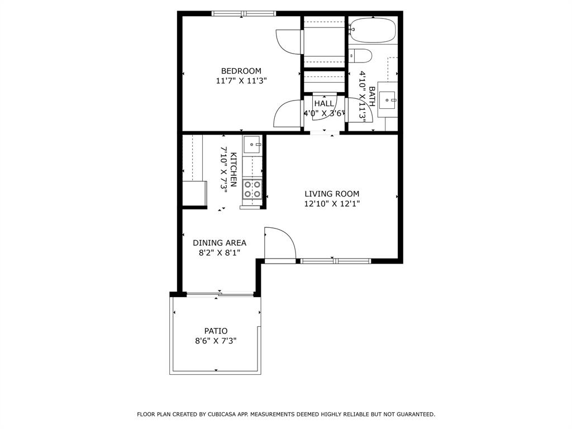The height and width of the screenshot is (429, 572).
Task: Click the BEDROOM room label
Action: coord(241,71)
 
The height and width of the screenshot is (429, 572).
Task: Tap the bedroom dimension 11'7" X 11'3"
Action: coord(241,81)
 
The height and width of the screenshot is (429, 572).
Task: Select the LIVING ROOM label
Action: coord(332,194)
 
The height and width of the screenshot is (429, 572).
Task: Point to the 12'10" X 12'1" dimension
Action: coord(332,204)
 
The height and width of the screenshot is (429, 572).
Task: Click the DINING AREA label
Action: coord(220,243)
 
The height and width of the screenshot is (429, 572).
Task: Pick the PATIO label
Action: coord(216,331)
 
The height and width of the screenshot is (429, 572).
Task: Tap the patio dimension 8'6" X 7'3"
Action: coord(216,341)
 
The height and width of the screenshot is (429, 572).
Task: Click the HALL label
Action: coord(324,104)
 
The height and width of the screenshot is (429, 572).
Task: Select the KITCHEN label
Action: coord(233,170)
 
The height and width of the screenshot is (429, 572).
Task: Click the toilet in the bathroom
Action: coord(360,56)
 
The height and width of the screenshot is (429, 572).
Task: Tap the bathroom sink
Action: coord(387,100)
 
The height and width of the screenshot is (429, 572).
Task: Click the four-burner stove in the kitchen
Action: coord(253,189)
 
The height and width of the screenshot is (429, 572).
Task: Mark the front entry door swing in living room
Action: coord(281,242)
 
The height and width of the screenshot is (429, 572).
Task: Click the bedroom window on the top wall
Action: coord(244,13)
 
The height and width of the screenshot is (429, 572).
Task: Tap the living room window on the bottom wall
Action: coord(336,261)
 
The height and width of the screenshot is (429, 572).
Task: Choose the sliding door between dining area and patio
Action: coord(220,294)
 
